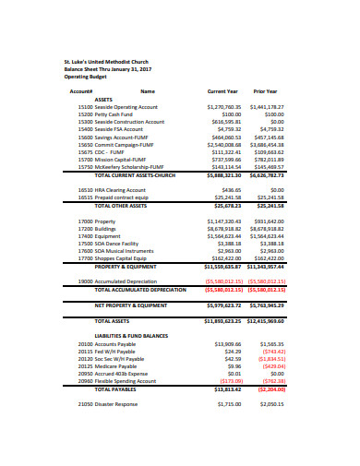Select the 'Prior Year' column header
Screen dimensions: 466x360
click(x=265, y=91)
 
